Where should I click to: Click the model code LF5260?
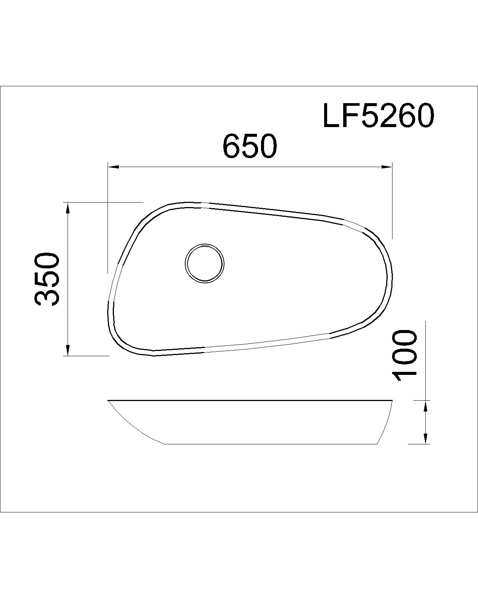pos(378,116)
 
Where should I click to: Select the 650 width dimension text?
pos(250,146)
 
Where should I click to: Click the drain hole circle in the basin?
pos(205,263)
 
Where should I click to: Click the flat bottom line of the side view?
pos(271,444)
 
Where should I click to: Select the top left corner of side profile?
pos(109,401)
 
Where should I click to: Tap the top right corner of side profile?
pos(392,401)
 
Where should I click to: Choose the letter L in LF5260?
pos(330,116)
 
